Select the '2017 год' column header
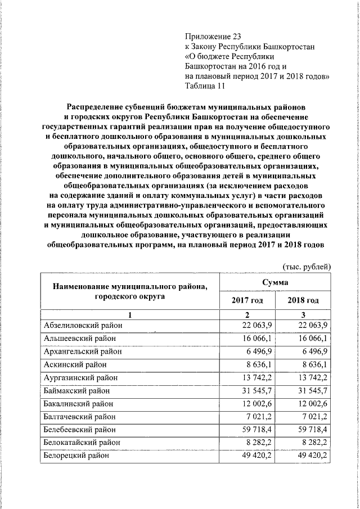[247, 301]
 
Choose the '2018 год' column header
[303, 301]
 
